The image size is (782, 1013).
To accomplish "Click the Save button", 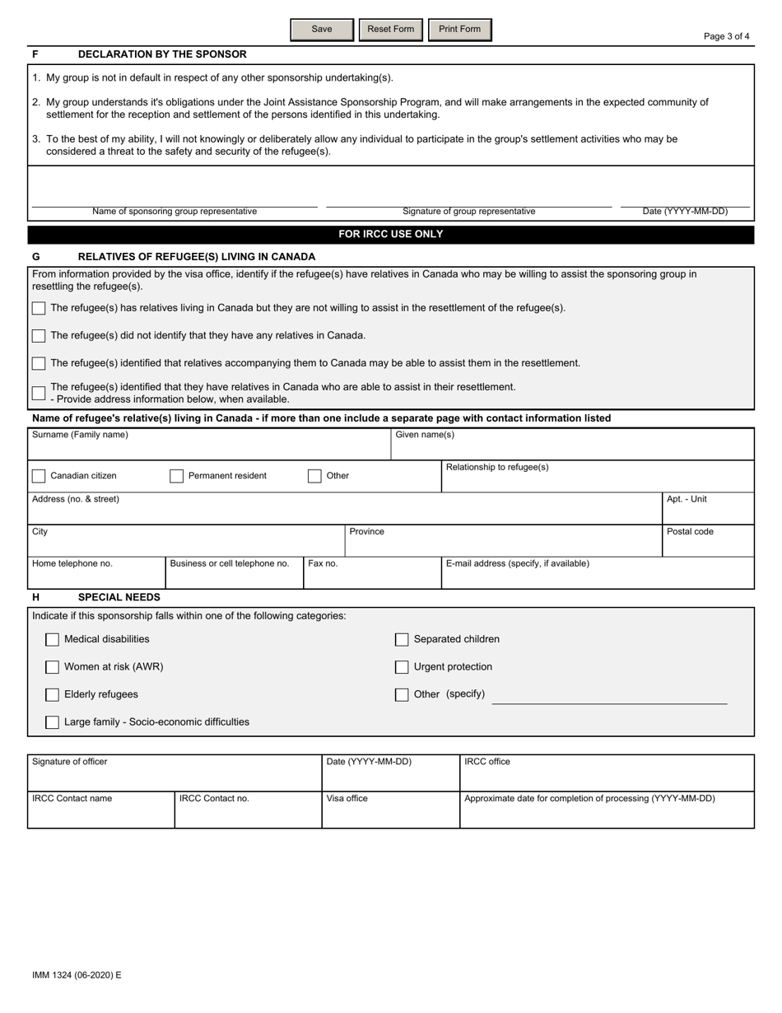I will [322, 30].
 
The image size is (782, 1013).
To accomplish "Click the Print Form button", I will [459, 30].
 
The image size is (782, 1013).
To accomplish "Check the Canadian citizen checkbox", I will [39, 476].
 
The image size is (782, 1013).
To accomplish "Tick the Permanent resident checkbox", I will [176, 476].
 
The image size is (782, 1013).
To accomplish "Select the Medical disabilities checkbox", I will [53, 640].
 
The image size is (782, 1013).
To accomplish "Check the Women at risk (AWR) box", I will [53, 667].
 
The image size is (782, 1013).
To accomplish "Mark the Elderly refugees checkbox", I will [53, 695].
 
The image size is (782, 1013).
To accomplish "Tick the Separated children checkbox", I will [402, 640].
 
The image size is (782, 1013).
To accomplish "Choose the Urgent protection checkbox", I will [402, 667].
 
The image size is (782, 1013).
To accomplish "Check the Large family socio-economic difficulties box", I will [53, 722].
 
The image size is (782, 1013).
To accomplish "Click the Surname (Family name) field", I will [209, 449].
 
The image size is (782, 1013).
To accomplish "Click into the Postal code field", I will [708, 545].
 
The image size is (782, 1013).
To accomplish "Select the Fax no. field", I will [372, 577].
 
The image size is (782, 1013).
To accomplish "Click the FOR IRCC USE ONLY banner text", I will [391, 235].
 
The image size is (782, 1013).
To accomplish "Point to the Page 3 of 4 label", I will [726, 36].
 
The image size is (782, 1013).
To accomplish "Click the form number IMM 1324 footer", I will [77, 975].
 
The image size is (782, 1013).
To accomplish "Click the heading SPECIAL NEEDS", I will [119, 597].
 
